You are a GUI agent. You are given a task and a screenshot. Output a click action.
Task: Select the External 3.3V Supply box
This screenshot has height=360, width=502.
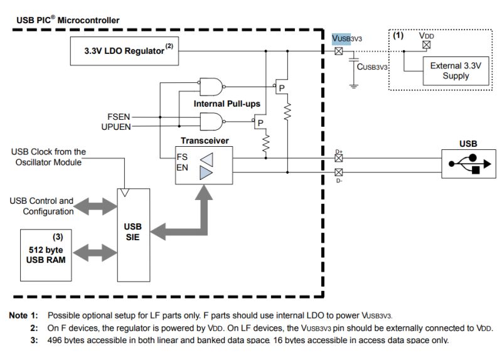[x=449, y=71]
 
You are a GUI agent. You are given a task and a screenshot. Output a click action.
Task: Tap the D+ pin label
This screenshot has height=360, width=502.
[x=339, y=152]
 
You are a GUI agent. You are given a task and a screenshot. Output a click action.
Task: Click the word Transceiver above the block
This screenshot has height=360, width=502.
[x=204, y=141]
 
